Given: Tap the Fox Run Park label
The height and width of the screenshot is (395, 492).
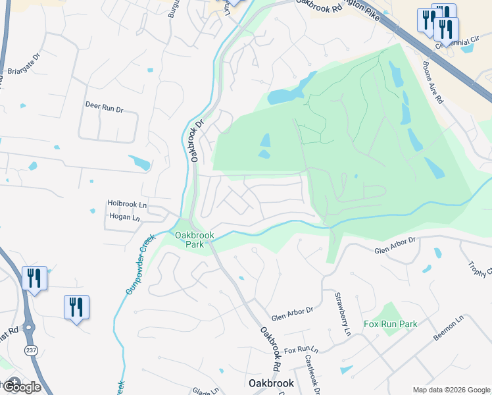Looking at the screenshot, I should pos(391,324).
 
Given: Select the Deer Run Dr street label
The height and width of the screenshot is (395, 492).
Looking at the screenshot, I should pos(104,105).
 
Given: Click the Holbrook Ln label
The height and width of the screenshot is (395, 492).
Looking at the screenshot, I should pos(127,205).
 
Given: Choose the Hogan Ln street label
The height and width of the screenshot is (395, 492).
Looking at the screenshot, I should pos(124,217).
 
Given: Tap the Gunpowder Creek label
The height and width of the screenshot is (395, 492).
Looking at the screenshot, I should pos(140,263).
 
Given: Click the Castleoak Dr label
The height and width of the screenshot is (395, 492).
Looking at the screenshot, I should pos(312,373).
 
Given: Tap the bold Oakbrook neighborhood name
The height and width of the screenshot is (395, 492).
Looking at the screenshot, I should pos(266,382).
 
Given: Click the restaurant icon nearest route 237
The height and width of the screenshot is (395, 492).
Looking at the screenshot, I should pos(34,278).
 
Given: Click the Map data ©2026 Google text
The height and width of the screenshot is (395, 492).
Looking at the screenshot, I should pos(451,390).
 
